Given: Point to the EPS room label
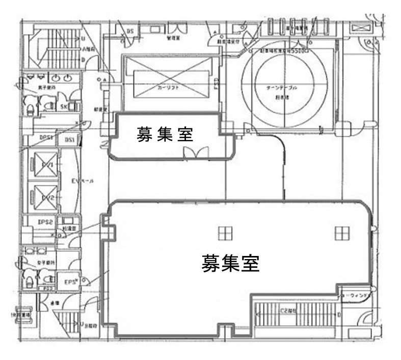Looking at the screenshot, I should pyautogui.click(x=70, y=281).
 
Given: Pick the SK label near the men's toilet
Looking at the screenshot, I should pyautogui.click(x=64, y=106).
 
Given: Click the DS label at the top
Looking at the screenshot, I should pyautogui.click(x=130, y=31).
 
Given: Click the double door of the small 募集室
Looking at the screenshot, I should pyautogui.click(x=196, y=152).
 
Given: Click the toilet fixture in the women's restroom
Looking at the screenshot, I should pyautogui.click(x=29, y=280).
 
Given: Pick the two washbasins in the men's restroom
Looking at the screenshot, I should pyautogui.click(x=61, y=78).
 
